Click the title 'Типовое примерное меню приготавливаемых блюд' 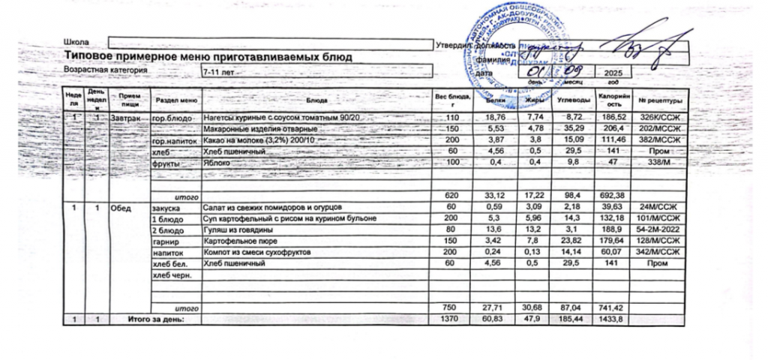(208, 57)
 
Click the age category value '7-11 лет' (217, 71)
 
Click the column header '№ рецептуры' (660, 100)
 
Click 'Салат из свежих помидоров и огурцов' (273, 206)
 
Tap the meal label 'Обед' (121, 206)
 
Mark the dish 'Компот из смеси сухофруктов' (256, 253)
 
